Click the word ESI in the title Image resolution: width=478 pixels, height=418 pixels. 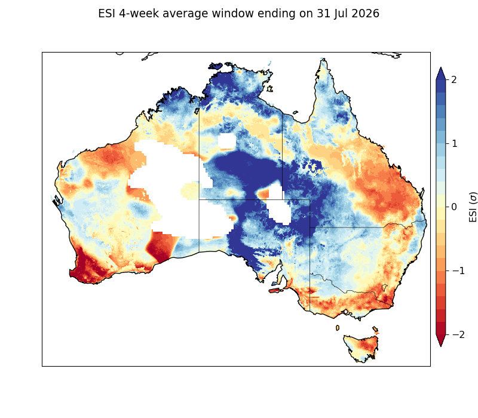point(107,14)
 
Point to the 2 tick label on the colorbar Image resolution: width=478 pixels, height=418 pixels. point(454,80)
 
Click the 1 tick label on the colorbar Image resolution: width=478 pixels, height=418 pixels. point(454,143)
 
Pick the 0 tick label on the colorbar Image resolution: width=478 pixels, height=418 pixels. point(454,207)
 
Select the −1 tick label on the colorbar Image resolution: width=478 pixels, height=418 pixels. point(458,271)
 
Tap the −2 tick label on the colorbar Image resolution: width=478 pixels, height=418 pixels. point(458,334)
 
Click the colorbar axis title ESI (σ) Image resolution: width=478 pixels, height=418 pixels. point(473,207)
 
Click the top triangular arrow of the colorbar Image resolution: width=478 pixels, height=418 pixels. point(441,73)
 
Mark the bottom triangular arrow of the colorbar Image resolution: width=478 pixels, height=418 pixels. point(441,340)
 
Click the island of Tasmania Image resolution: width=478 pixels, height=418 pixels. point(361,348)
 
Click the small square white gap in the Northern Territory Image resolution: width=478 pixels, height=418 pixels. point(227,141)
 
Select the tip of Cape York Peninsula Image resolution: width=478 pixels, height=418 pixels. point(323,59)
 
